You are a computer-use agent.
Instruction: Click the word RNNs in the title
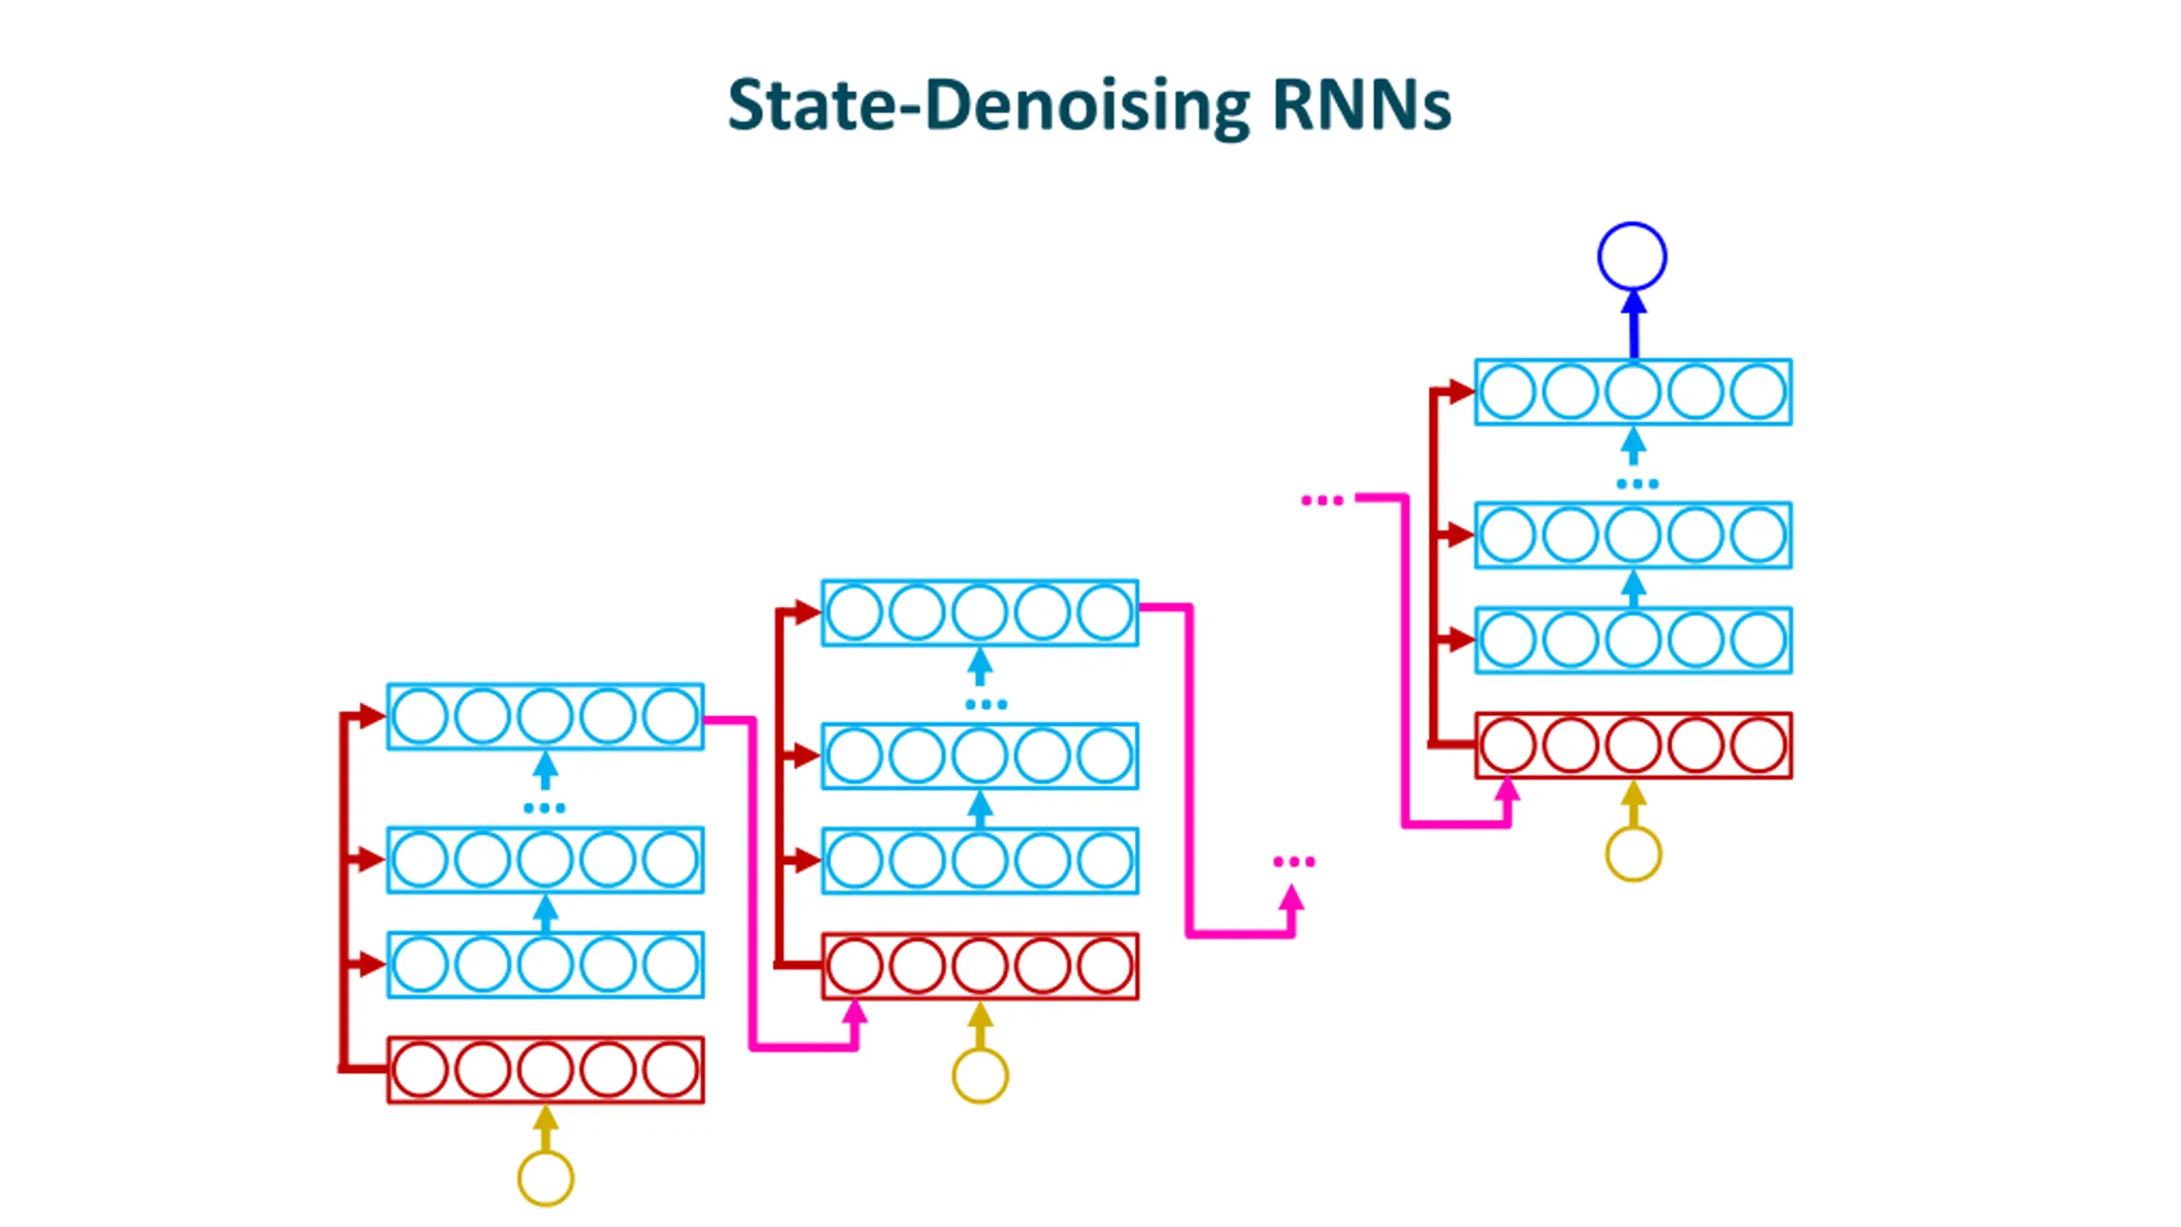point(1361,106)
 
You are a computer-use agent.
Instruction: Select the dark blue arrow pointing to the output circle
point(1633,324)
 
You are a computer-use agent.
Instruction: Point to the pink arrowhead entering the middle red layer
point(855,1012)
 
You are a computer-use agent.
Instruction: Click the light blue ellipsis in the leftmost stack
point(544,808)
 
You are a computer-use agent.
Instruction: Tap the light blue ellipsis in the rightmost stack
point(1637,484)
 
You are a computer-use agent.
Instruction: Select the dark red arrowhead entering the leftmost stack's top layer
point(373,716)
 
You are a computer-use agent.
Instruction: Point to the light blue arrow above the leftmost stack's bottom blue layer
point(545,913)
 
